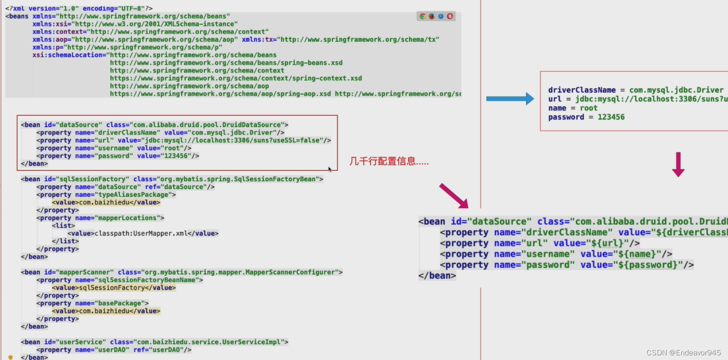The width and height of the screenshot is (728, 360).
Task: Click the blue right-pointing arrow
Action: [510, 99]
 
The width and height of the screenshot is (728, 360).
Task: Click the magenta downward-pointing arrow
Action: [678, 164]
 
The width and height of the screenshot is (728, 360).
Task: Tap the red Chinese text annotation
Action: [389, 162]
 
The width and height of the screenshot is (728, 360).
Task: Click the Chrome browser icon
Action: [422, 16]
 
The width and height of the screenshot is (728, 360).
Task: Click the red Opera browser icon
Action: [450, 16]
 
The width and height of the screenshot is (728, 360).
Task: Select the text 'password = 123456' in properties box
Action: [586, 117]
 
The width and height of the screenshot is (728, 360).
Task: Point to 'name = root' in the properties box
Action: [572, 108]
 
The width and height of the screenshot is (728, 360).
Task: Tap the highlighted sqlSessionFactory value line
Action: [114, 288]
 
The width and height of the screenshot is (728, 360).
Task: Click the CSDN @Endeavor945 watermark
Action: [683, 353]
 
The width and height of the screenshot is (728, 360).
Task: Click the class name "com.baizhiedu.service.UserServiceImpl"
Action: [210, 342]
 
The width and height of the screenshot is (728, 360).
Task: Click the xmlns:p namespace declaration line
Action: [127, 47]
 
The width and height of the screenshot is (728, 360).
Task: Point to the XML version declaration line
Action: [79, 8]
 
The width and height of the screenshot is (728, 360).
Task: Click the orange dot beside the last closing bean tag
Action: [11, 357]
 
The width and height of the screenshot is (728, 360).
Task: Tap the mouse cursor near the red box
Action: [330, 169]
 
